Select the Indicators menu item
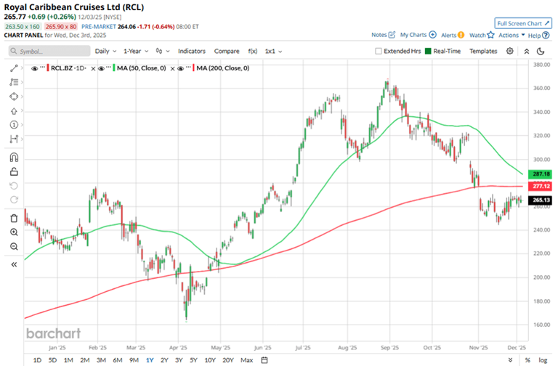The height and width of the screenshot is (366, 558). coord(192,51)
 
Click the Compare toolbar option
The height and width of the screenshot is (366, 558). coord(227,51)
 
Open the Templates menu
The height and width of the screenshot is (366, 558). coord(483,51)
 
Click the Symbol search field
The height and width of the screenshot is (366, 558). coord(47,51)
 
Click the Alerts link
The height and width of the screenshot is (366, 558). coord(448,34)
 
